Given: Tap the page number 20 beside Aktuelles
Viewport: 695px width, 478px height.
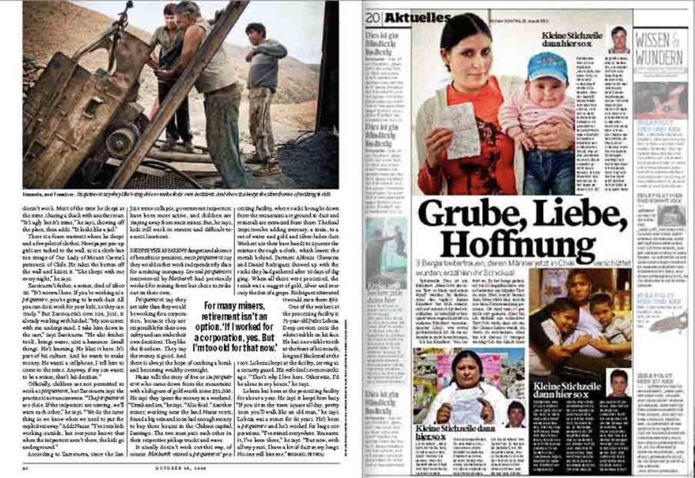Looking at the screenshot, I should (x=371, y=18).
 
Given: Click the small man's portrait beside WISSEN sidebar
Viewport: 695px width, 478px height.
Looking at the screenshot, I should (x=618, y=39).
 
